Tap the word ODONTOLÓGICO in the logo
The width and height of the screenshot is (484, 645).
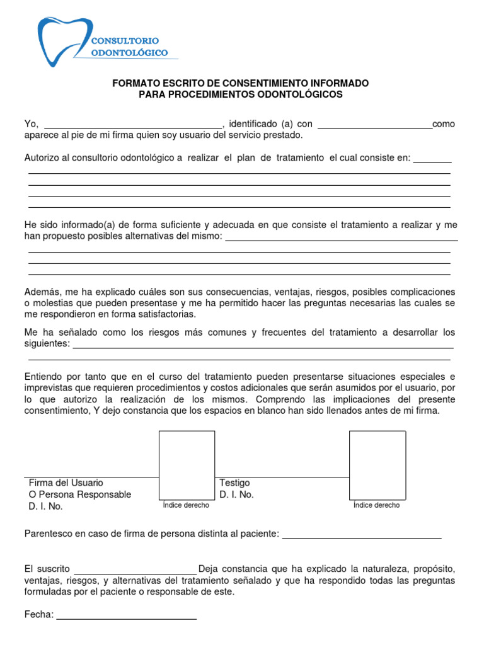[x=130, y=53]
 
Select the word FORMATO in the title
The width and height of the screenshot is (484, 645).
[x=135, y=83]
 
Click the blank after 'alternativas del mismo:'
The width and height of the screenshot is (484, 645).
[x=341, y=236]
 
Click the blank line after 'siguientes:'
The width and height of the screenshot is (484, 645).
[x=263, y=343]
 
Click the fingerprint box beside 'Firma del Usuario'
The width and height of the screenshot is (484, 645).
[x=187, y=465]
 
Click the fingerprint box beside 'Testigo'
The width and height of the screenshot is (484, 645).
[x=377, y=465]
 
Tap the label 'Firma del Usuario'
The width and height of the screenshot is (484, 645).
[x=66, y=482]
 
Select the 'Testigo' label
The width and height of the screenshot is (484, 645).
[x=234, y=482]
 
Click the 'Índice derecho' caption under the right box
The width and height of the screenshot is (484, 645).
[x=376, y=505]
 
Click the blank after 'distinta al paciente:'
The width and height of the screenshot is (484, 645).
[x=362, y=534]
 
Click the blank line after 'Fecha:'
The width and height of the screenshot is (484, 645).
[x=127, y=615]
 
